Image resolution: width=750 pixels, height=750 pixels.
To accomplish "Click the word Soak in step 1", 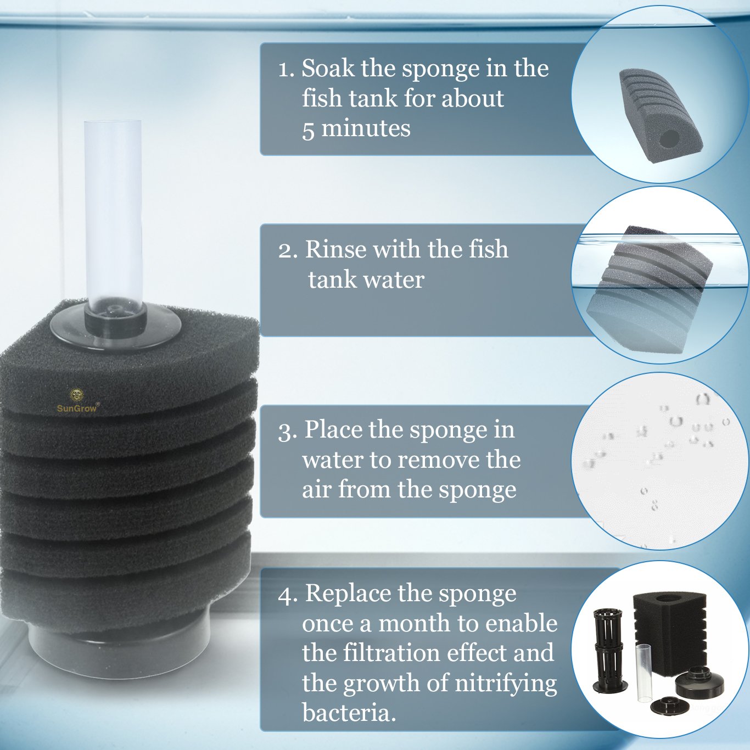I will [x=328, y=69].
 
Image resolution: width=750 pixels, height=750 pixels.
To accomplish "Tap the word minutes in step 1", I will [x=366, y=128].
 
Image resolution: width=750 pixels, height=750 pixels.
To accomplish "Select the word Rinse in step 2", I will [x=335, y=249].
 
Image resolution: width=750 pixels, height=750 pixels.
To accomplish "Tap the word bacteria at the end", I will [x=348, y=713].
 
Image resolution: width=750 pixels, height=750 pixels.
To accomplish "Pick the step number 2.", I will [x=287, y=250].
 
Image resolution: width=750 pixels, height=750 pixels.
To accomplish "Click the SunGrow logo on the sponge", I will [x=77, y=401].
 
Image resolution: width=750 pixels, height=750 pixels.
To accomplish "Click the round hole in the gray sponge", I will [x=668, y=138].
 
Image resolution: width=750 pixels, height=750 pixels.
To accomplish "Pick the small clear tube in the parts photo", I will [x=643, y=673].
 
